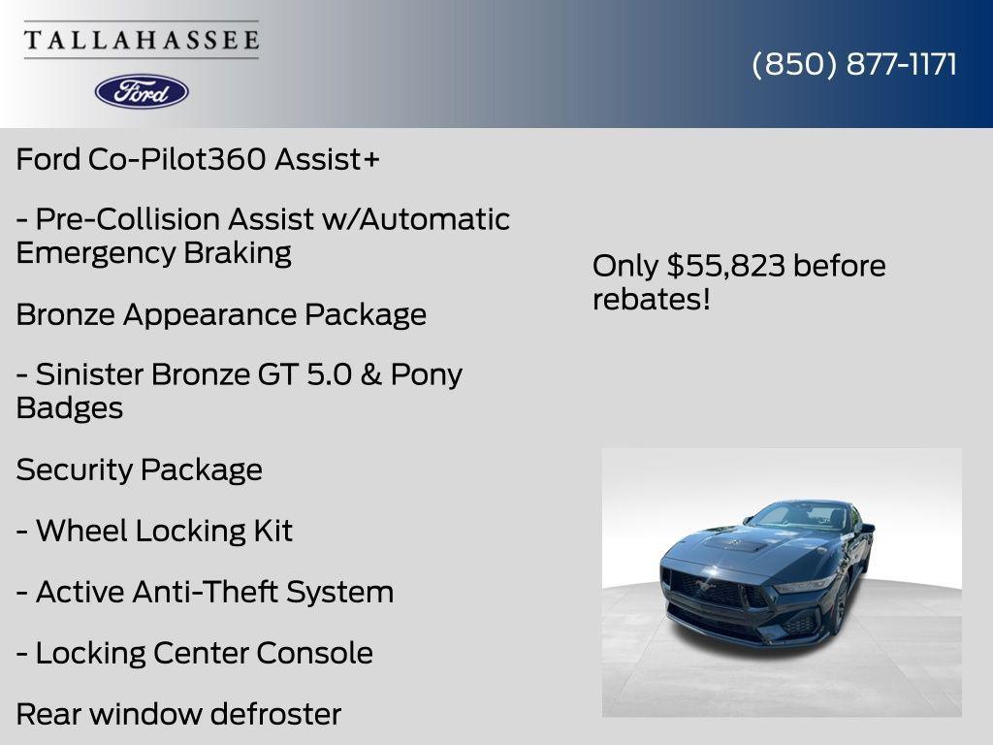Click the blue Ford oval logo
(x=142, y=91)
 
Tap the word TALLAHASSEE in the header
(x=142, y=40)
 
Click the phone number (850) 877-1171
(x=854, y=64)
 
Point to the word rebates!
(x=652, y=299)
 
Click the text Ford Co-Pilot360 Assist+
(x=198, y=159)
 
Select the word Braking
(x=237, y=252)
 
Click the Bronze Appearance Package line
(x=221, y=314)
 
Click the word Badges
(x=70, y=407)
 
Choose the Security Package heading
(x=140, y=470)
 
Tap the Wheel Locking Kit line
(x=155, y=531)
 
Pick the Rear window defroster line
(x=178, y=714)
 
